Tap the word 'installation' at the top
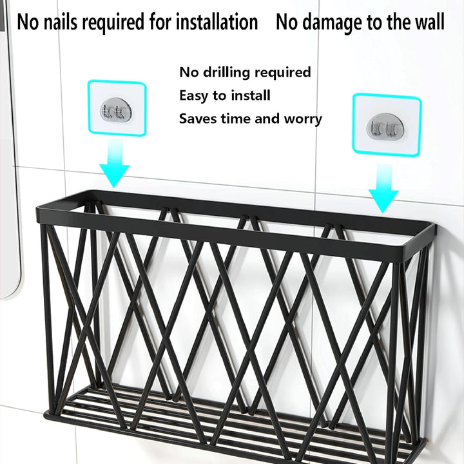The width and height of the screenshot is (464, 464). pyautogui.click(x=217, y=22)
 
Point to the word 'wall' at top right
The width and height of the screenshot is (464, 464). pyautogui.click(x=430, y=22)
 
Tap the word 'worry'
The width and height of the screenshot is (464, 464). pyautogui.click(x=303, y=119)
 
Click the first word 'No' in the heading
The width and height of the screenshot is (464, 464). pyautogui.click(x=28, y=22)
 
